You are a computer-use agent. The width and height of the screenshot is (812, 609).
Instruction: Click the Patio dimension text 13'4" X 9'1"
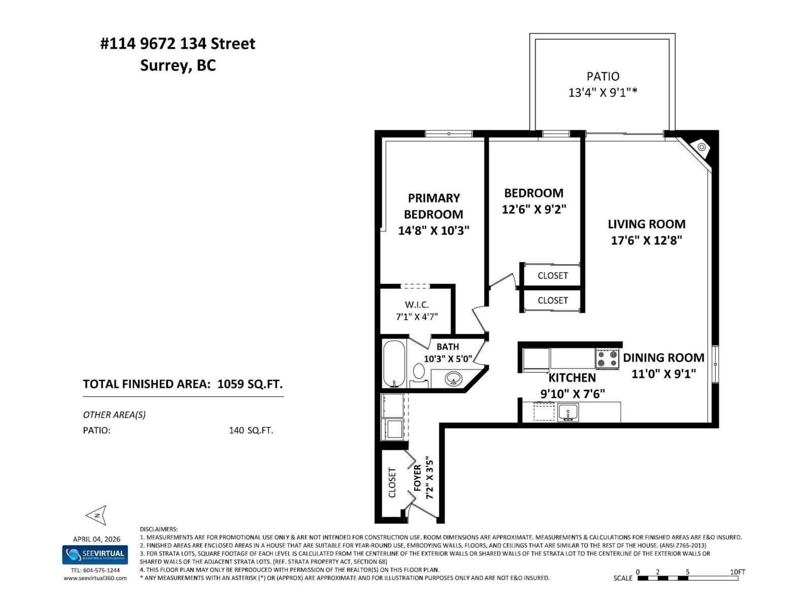tap(602, 92)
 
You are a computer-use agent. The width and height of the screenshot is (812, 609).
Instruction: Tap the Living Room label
tap(646, 224)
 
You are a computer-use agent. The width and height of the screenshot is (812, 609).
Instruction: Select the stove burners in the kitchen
tap(607, 359)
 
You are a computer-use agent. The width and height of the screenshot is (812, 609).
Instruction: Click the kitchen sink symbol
tap(568, 412)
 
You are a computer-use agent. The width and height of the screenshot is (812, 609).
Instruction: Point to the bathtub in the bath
tap(394, 363)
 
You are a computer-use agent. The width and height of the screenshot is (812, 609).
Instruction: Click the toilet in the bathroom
tap(419, 371)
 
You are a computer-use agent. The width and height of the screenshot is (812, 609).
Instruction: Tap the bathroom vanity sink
tap(453, 378)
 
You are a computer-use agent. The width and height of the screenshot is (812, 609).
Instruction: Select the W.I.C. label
tap(417, 304)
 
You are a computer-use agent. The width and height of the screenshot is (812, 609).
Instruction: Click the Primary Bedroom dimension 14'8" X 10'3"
tap(433, 230)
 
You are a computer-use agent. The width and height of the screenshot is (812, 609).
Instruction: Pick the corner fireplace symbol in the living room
tap(702, 147)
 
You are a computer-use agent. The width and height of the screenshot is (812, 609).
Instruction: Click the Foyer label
tap(418, 478)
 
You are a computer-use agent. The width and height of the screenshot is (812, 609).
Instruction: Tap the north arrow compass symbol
tap(96, 516)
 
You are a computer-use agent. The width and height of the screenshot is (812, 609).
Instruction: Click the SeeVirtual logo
tap(95, 554)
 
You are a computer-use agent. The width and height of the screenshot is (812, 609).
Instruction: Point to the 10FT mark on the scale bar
tap(737, 572)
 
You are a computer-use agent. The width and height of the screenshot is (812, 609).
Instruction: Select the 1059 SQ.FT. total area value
tap(250, 384)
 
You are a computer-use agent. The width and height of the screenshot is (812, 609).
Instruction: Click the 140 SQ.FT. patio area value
tap(251, 430)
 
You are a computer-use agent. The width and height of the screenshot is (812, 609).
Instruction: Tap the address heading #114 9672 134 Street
tap(178, 44)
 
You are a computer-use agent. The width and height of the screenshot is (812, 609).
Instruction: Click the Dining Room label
tap(663, 357)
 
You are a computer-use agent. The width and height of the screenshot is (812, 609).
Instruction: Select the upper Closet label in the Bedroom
tap(553, 276)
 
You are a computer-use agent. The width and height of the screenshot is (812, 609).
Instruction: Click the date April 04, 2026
tap(96, 539)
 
